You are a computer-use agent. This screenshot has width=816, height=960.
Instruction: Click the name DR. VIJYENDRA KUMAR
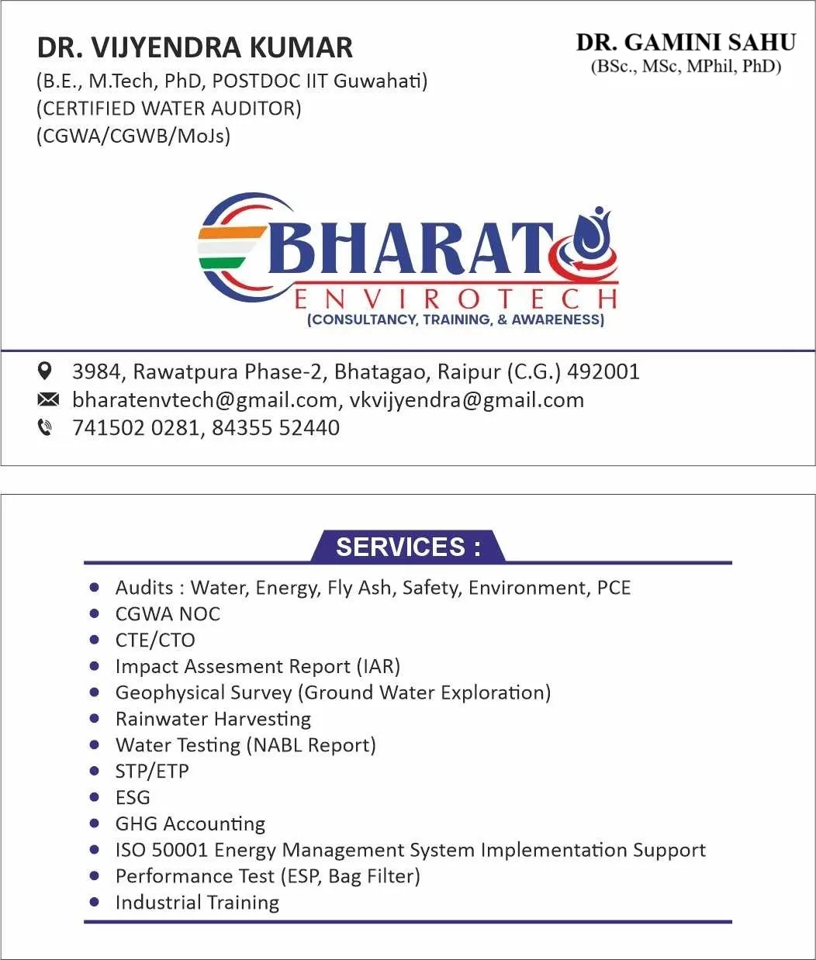(195, 48)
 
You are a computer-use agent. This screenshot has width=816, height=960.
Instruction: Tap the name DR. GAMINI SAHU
(686, 43)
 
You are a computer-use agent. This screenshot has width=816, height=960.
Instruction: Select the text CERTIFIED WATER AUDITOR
(169, 109)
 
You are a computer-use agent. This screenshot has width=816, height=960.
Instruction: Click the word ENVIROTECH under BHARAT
(456, 299)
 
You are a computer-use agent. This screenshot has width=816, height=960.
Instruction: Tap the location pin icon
(46, 371)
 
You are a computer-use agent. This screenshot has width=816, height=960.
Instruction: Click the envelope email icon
(47, 399)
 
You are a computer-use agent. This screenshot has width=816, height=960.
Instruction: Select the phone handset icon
(46, 427)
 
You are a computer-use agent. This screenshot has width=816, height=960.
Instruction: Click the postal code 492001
(603, 371)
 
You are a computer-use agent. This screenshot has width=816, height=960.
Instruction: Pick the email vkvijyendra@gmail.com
(466, 400)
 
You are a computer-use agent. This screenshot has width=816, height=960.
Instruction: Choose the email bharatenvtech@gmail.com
(204, 400)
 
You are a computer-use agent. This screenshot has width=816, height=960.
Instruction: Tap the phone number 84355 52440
(275, 428)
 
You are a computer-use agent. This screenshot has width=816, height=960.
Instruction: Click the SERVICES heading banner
(408, 547)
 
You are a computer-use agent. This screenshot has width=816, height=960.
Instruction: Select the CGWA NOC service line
(168, 614)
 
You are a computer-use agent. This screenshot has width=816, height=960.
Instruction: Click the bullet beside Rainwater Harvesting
(95, 719)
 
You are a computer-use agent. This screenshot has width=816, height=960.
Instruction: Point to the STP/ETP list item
(152, 772)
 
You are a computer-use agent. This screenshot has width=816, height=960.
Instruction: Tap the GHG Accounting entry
(190, 824)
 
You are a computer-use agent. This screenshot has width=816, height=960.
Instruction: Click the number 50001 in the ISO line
(180, 850)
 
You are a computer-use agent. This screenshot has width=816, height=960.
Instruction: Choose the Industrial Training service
(197, 903)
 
